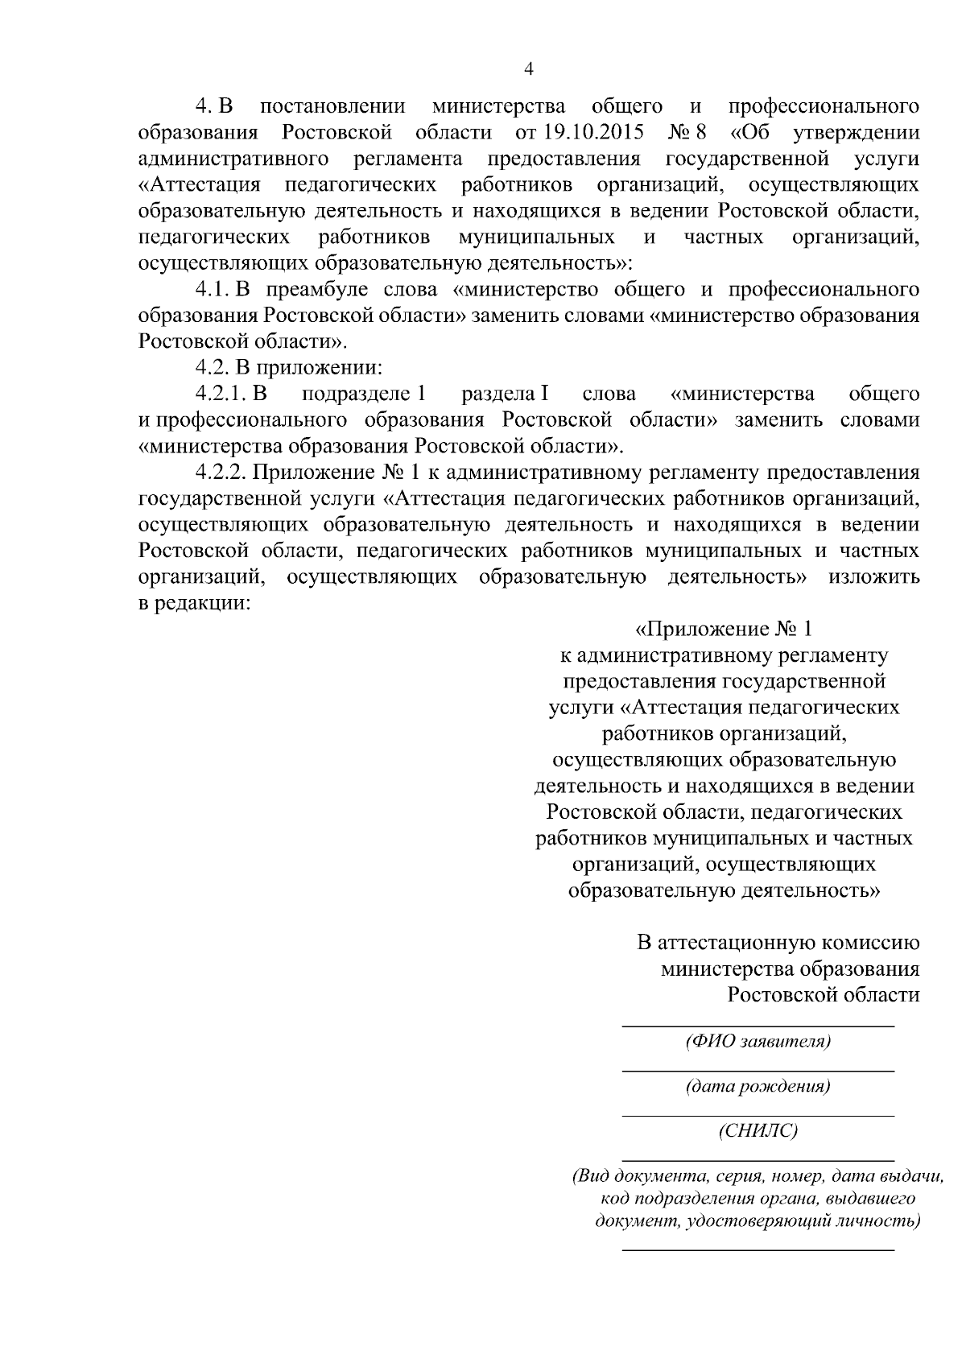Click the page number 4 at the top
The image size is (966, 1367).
coord(528,69)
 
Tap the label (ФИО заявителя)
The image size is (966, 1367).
coord(758,1041)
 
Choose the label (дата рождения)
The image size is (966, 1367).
coord(758,1086)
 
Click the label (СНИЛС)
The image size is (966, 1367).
coord(758,1131)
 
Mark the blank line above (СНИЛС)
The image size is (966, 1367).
coord(758,1116)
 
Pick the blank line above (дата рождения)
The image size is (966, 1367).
coord(758,1071)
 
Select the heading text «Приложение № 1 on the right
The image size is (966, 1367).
coord(725,628)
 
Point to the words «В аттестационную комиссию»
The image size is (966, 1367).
coord(778,942)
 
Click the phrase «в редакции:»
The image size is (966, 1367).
coord(194,603)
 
